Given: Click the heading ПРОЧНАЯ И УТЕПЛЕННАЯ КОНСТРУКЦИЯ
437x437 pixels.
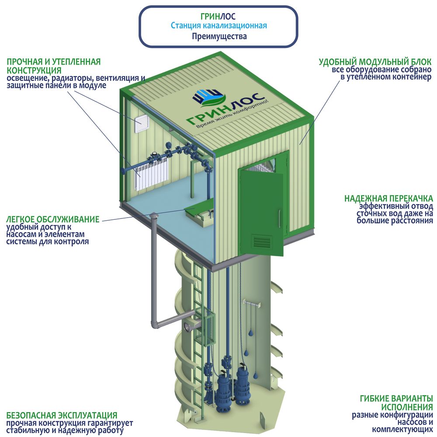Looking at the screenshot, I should pos(53,66).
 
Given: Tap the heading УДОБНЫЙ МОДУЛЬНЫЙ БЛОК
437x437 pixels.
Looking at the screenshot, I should pos(375,62).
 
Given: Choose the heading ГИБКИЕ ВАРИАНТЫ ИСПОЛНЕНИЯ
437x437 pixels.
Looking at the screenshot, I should pos(396,402).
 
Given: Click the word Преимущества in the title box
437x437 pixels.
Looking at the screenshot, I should pos(219,37).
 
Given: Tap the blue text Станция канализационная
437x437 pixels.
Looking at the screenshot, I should pos(219,26).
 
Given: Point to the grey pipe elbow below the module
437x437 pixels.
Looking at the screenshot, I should pos(156,323).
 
